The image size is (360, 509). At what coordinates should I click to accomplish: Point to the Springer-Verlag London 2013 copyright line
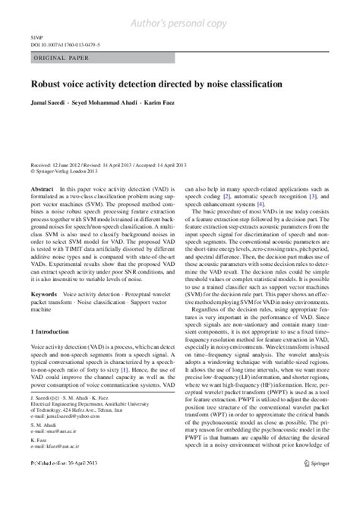64,171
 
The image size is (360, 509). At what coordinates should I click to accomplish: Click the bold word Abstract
41,186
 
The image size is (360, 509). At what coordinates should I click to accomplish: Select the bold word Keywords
43,292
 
